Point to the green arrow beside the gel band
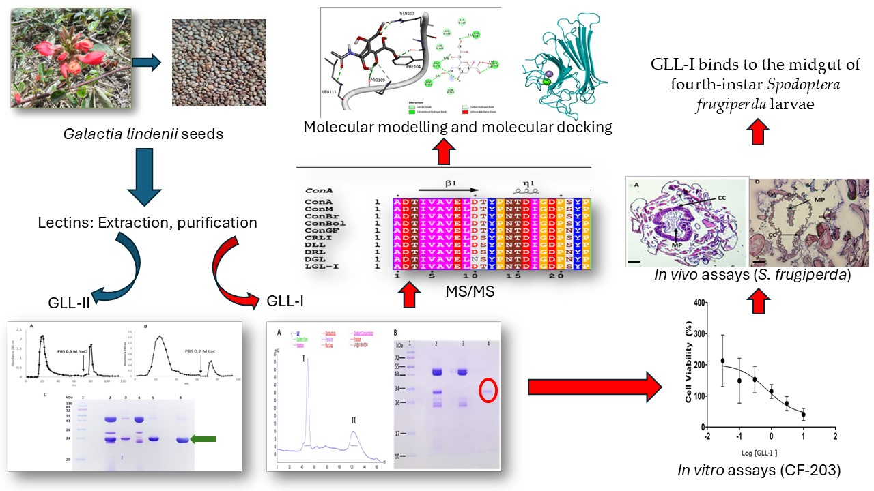click(208, 440)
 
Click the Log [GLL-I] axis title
click(765, 453)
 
